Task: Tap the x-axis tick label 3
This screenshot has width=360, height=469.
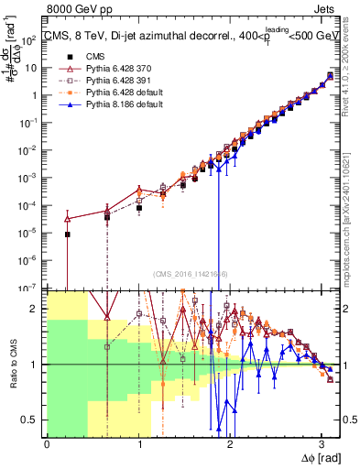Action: (322, 444)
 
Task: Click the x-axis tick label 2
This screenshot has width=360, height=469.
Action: (230, 444)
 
